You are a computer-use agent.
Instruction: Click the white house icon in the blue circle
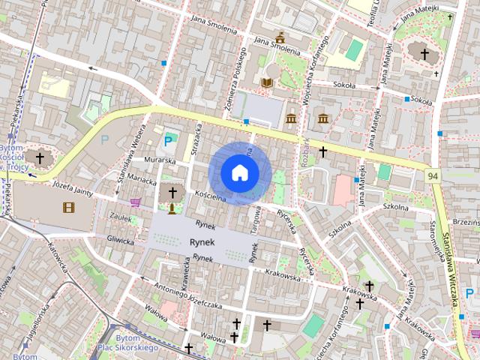[x=239, y=173]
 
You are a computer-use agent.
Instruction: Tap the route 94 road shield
[x=433, y=175]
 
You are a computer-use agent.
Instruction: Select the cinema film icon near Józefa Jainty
[x=68, y=207]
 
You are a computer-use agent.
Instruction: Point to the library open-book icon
[x=268, y=82]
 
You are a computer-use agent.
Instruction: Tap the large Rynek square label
[x=202, y=242]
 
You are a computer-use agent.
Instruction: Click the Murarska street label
[x=160, y=160]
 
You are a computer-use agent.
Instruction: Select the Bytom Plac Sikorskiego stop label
[x=127, y=343]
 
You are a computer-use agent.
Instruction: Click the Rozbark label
[x=306, y=149]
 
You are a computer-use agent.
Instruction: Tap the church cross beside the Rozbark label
[x=323, y=151]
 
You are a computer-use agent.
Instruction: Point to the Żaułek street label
[x=121, y=215]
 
